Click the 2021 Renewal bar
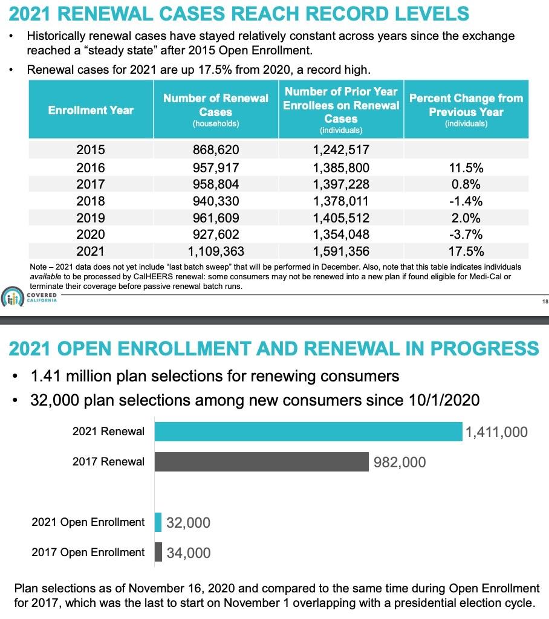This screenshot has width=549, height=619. click(308, 432)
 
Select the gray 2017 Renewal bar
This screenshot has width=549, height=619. click(261, 462)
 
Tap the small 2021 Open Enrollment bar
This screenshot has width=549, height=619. click(158, 522)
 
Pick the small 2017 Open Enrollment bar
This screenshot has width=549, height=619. click(158, 552)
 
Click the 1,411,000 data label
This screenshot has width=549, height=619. click(497, 432)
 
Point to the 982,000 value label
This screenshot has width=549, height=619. click(399, 462)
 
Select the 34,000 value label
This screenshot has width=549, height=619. click(189, 553)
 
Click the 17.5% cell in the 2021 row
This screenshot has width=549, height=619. click(466, 251)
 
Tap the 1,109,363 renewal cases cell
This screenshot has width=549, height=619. click(215, 251)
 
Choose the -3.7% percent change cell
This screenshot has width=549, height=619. click(466, 235)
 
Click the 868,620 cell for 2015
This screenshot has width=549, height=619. click(215, 150)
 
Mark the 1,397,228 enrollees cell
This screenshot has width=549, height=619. click(341, 184)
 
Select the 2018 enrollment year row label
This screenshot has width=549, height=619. click(91, 201)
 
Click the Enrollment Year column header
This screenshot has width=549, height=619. click(91, 110)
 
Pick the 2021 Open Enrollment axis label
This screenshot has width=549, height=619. click(88, 522)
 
